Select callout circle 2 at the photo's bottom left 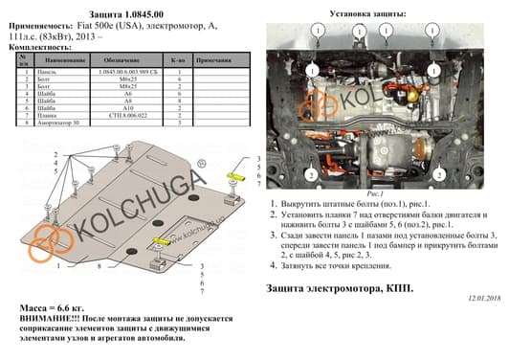tap(311, 175)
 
